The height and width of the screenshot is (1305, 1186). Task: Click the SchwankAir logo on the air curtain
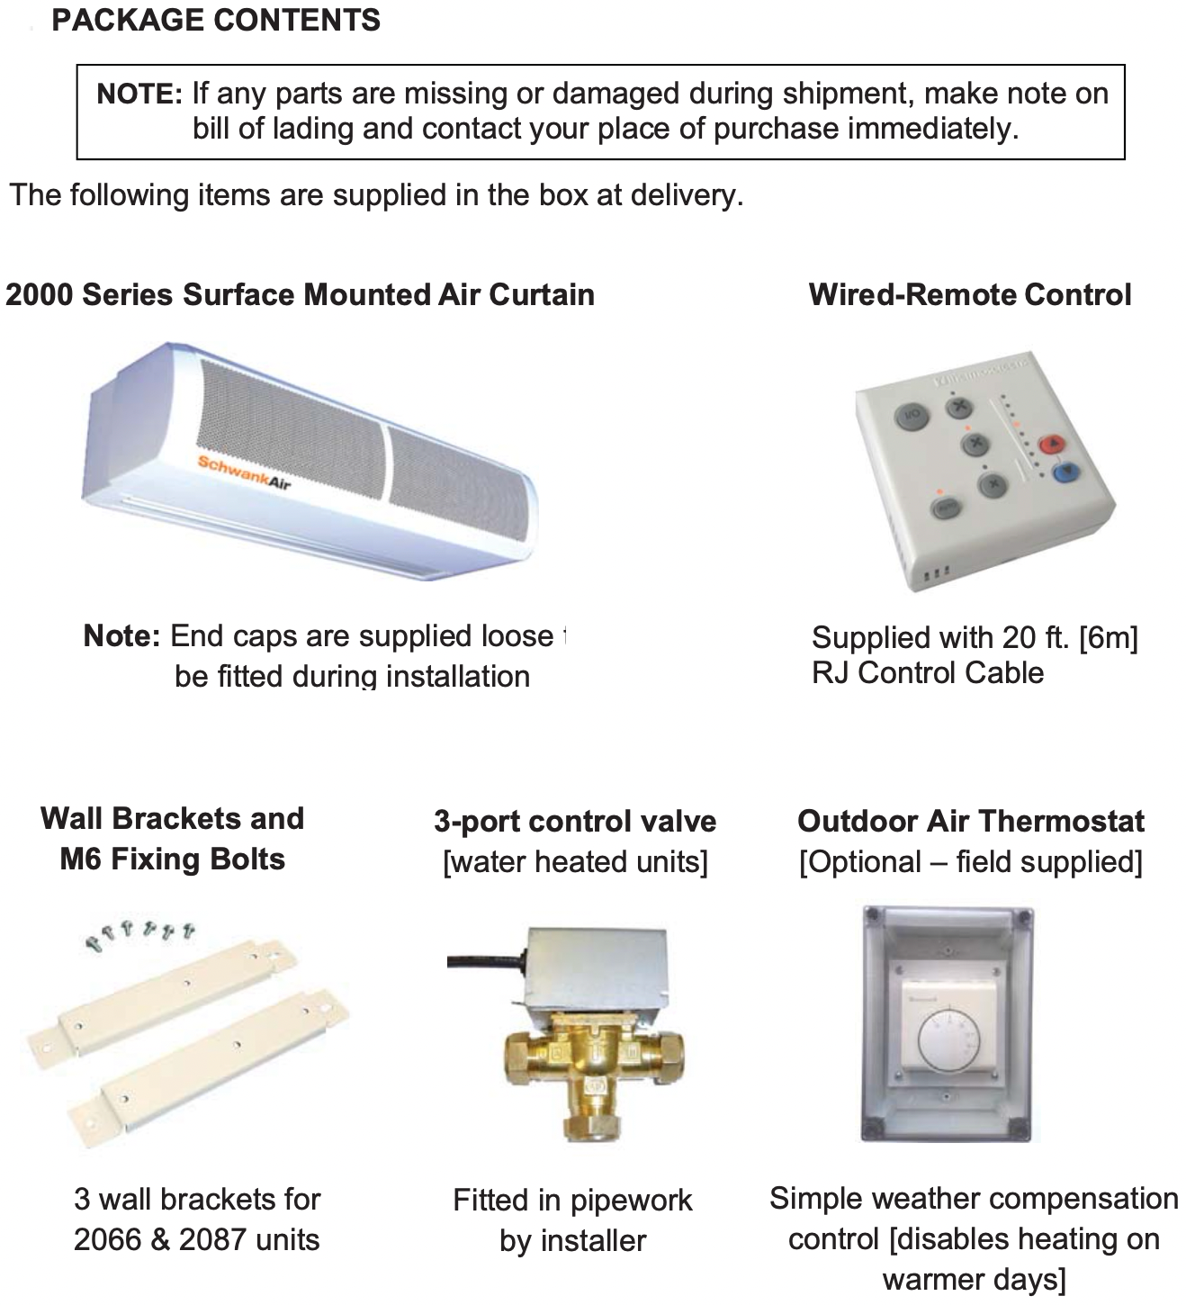click(244, 473)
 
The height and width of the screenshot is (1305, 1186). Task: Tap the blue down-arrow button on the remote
click(1067, 470)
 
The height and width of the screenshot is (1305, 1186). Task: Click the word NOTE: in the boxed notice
click(139, 94)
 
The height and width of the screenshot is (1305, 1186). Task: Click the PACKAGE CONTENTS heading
click(216, 20)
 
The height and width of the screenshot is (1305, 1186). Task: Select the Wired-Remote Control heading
click(969, 295)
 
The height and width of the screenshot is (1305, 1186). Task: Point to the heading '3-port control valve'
click(575, 822)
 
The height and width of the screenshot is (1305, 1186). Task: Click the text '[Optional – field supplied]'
click(970, 862)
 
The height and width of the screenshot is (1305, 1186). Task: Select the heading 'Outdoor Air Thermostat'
click(970, 822)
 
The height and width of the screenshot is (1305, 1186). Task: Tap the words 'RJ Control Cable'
click(927, 673)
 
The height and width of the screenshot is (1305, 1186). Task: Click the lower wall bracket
click(206, 1067)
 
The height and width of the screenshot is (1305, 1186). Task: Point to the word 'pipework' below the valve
click(631, 1201)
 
